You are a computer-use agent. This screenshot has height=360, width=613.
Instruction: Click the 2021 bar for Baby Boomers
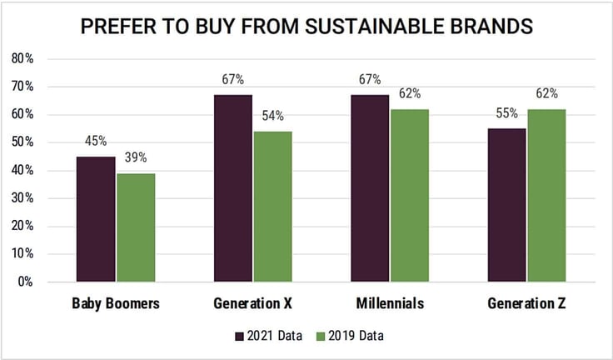click(x=96, y=219)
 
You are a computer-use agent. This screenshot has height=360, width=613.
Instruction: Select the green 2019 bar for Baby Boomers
click(x=136, y=227)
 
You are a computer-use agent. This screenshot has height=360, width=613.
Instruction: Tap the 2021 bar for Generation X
click(x=233, y=188)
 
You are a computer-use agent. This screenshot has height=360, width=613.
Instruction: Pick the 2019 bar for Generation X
click(x=273, y=207)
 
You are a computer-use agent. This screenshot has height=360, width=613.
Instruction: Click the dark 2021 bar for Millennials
click(x=370, y=188)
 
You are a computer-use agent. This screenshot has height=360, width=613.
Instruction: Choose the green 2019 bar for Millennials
click(x=410, y=196)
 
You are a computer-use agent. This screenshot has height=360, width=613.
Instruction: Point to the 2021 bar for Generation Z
click(x=506, y=205)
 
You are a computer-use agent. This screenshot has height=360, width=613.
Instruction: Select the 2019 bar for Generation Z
click(x=546, y=196)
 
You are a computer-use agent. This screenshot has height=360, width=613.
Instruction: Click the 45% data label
click(x=96, y=141)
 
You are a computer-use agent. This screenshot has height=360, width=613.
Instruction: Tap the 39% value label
click(x=136, y=157)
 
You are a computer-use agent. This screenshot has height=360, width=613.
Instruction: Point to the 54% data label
click(x=273, y=116)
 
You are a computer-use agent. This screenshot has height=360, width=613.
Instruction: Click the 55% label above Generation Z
click(x=507, y=113)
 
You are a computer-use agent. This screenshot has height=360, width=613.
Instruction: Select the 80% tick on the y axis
click(x=22, y=58)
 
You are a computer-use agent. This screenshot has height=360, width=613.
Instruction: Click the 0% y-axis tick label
click(x=25, y=282)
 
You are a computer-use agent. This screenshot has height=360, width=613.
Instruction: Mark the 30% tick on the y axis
click(x=22, y=198)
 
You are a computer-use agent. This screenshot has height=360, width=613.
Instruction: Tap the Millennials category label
click(x=390, y=303)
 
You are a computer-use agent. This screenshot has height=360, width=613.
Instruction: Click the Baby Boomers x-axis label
click(x=116, y=303)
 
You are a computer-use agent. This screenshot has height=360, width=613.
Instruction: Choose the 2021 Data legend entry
click(x=268, y=336)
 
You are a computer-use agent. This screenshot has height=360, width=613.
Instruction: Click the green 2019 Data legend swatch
click(x=321, y=336)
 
